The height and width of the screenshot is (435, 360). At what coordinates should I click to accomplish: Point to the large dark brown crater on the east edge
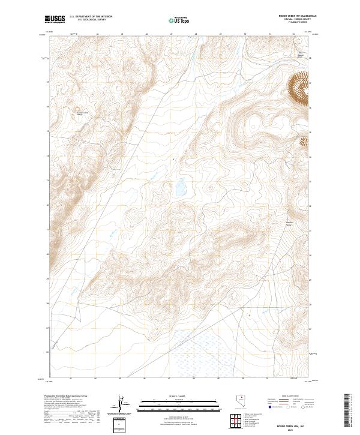(300, 88)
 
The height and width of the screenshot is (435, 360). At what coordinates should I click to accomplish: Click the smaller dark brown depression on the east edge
(304, 142)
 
